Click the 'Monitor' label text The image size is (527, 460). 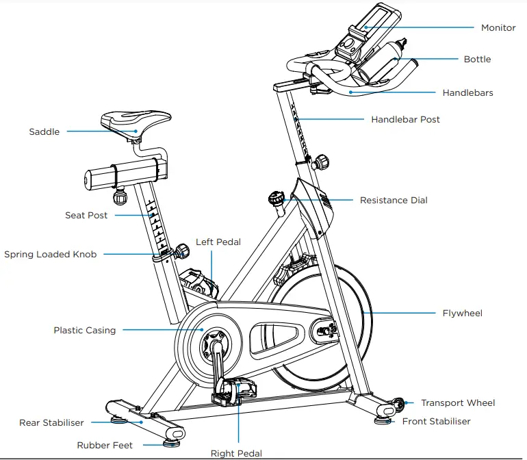point(498,28)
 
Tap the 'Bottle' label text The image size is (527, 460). point(477,60)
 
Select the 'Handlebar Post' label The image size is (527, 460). point(405,120)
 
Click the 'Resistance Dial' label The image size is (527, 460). point(394,201)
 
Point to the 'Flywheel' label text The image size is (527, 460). point(462,314)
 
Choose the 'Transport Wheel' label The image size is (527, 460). point(457,403)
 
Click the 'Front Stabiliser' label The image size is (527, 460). point(436,422)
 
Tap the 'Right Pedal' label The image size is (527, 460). point(236,453)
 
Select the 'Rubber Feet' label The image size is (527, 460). point(105,446)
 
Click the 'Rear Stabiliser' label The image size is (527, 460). point(51,423)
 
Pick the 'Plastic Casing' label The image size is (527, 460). point(85,331)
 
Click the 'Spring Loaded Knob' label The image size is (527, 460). point(50,255)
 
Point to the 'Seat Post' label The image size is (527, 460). point(86,216)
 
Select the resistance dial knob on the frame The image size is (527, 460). point(277,199)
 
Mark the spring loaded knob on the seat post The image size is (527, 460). point(182,251)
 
